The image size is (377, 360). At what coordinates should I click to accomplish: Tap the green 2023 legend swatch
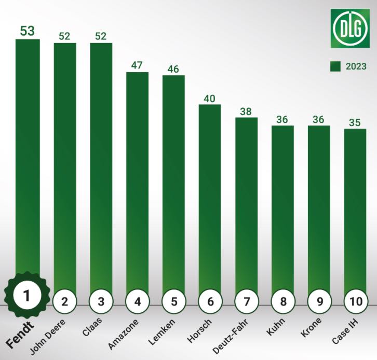pos(335,66)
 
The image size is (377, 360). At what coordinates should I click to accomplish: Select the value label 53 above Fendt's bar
pos(28,31)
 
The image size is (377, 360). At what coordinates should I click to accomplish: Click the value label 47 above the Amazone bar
pos(138,65)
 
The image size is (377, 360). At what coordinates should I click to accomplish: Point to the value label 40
pos(210,98)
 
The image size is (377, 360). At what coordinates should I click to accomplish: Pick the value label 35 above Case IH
pos(355,122)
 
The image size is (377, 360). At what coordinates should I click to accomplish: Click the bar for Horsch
pos(210,197)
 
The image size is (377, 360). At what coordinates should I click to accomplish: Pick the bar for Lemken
pos(173,182)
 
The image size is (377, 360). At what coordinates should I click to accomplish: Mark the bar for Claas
pos(101,166)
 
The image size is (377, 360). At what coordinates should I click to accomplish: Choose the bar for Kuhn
pos(283,207)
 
